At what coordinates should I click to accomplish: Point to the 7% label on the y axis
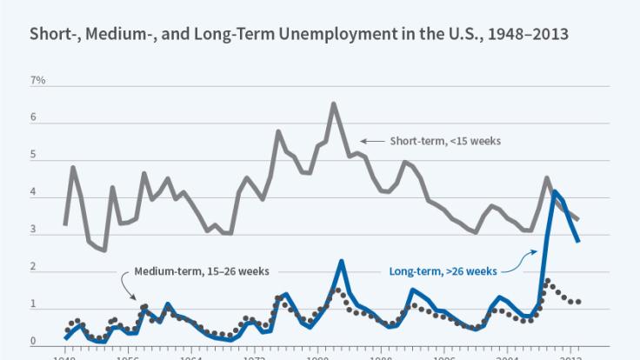[38, 80]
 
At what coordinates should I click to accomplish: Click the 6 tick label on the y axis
[35, 117]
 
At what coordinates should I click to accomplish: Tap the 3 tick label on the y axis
[35, 230]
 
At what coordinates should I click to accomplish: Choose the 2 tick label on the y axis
[35, 268]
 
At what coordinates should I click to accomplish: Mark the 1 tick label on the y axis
[35, 305]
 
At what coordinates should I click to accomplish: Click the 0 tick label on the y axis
[35, 342]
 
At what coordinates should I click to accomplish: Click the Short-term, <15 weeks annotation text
[444, 141]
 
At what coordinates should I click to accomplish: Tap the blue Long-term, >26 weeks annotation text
[442, 270]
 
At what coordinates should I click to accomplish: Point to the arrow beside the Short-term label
[371, 141]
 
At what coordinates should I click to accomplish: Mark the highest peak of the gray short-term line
[334, 103]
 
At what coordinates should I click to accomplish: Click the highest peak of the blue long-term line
[555, 191]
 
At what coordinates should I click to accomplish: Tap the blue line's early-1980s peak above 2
[342, 261]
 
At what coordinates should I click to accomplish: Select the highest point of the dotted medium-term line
[547, 280]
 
